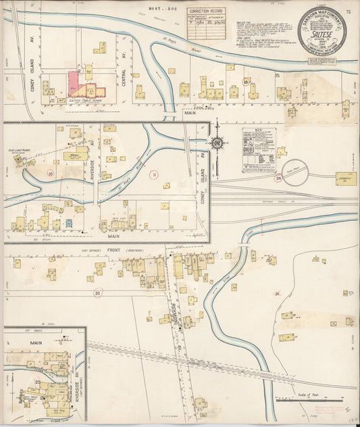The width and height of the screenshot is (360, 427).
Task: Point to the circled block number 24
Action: (278, 178)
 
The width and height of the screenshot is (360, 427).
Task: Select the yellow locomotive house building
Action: (346, 179)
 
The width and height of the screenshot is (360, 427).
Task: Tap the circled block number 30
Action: (97, 293)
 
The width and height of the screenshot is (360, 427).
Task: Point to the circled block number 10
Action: (49, 174)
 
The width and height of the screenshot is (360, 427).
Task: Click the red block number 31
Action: (278, 293)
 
